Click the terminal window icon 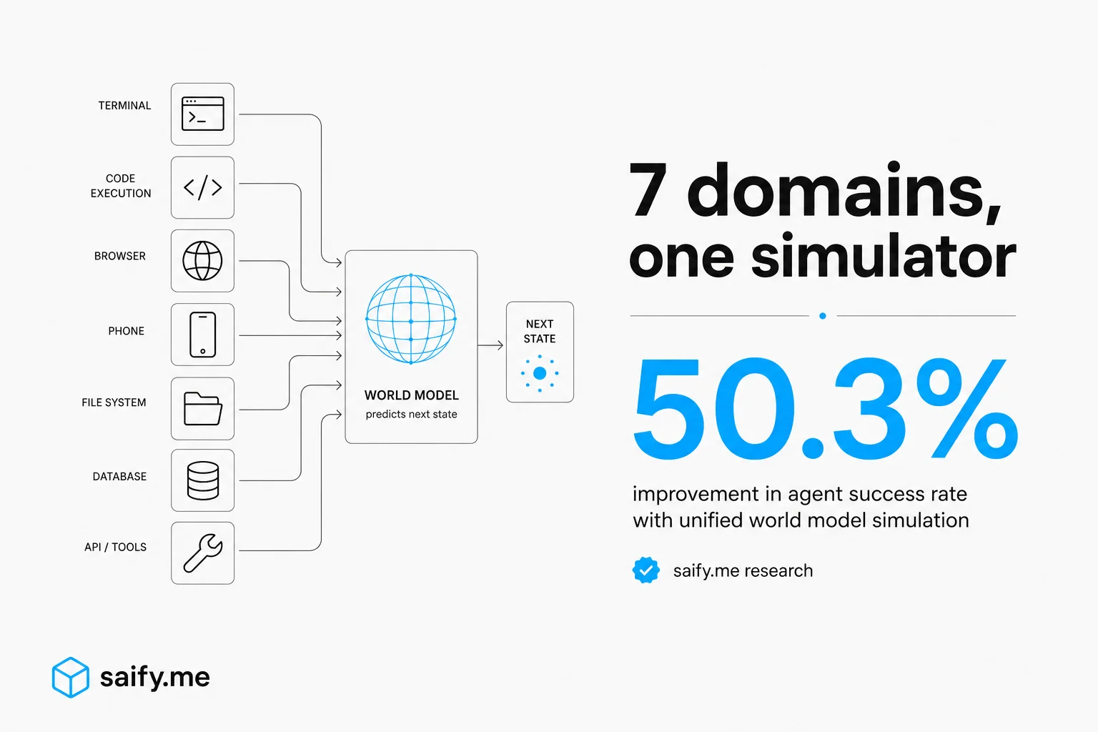pos(202,114)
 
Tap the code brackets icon pos(202,187)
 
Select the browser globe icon pos(202,261)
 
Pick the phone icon pos(202,335)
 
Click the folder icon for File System pos(202,408)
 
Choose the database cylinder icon pos(202,480)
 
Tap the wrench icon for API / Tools pos(202,553)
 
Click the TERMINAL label pos(124,105)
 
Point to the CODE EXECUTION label pos(121,186)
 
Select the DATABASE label pos(119,477)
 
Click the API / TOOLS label pos(115,547)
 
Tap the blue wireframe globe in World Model pos(411,319)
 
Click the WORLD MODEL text pos(411,395)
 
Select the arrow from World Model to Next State pos(490,345)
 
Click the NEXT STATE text pos(540,332)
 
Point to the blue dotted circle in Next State pos(540,373)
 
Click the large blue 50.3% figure pos(825,408)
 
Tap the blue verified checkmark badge pos(646,570)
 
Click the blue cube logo pos(71,677)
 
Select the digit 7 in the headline pos(648,189)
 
